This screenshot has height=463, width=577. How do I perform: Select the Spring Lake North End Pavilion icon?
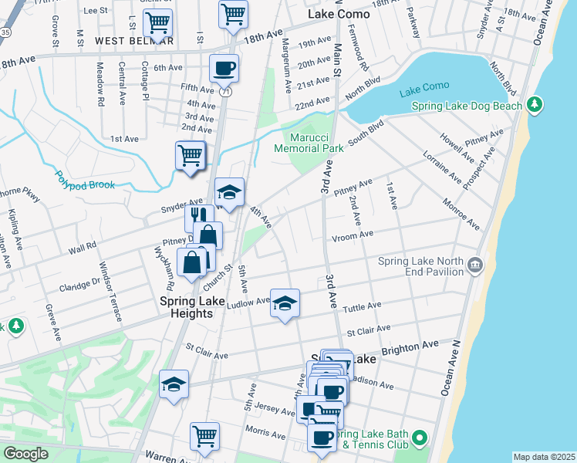[475, 266]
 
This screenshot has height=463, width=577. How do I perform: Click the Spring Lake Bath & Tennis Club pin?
[420, 439]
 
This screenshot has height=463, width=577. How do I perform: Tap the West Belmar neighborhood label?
[134, 40]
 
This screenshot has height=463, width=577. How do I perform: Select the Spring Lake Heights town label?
[186, 307]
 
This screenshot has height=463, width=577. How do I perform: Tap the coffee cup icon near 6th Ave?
[224, 68]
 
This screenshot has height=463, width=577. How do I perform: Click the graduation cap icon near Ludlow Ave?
[285, 303]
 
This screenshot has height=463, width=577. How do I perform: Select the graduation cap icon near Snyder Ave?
[229, 192]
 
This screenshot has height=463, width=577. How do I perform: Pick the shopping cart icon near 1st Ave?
[190, 155]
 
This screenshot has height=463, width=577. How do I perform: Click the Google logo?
[25, 454]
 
